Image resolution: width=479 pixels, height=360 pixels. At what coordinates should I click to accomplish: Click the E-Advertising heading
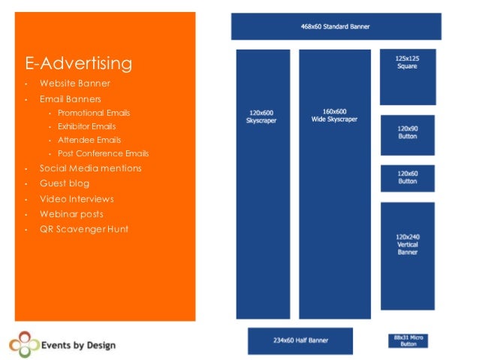tap(79, 63)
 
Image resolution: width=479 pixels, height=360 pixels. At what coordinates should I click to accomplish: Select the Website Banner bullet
tap(75, 83)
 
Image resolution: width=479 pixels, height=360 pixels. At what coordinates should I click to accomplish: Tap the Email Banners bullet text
tap(71, 98)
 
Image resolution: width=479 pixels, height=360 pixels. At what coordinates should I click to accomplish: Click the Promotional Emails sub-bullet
tap(94, 113)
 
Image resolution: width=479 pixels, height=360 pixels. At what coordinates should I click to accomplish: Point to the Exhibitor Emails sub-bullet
tap(87, 126)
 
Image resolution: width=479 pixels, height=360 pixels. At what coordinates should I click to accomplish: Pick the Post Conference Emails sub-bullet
tap(104, 153)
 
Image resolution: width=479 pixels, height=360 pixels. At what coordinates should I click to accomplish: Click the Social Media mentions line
tap(90, 168)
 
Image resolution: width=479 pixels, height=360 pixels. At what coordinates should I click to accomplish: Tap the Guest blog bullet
tap(65, 183)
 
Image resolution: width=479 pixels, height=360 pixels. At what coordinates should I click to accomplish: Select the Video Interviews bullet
tap(77, 199)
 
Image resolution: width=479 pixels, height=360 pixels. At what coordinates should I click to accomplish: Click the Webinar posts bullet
tap(71, 214)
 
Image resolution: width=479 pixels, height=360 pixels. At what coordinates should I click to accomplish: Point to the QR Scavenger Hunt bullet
tap(84, 229)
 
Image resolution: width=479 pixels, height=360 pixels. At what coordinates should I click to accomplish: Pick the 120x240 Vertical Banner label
tap(408, 244)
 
